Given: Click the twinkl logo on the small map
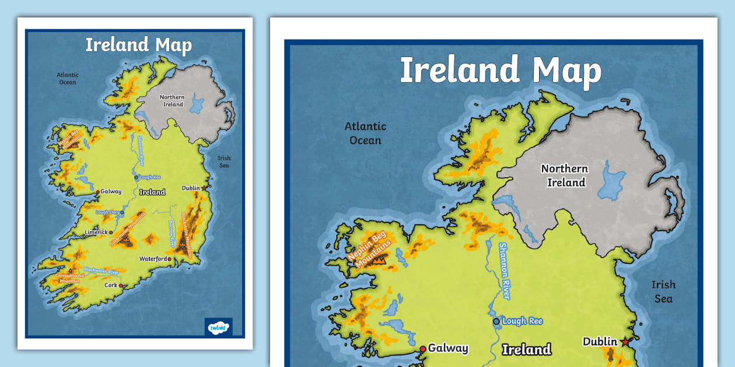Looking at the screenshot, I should coord(218,327).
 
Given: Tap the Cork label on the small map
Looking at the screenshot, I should coord(110,285).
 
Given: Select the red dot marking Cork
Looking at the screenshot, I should coord(121,285).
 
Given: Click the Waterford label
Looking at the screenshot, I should coord(153,259).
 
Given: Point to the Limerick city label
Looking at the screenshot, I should coord(96,232).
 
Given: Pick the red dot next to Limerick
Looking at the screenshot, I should coord(111,232).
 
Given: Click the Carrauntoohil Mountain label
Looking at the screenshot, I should coord(68,278).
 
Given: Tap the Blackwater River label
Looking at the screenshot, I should coord(101,271).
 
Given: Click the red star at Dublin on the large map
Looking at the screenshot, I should coord(626,342).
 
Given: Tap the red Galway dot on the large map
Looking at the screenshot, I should coord(423,349).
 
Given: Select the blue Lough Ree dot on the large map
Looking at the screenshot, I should coord(496,321).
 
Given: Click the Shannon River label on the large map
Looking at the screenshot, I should coord(504,271).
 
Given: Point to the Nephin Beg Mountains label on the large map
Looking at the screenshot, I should coord(369,252).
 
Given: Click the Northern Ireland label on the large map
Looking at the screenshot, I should coord(565,175).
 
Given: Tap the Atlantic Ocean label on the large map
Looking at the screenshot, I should coord(365,133).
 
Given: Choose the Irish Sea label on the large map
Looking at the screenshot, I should coord(663,291).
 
